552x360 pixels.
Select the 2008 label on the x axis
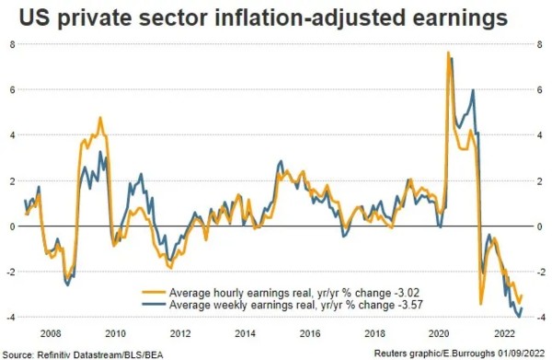click(51, 333)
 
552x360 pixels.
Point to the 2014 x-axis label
click(245, 333)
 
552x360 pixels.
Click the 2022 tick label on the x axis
click(504, 333)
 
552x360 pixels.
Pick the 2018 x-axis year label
click(374, 333)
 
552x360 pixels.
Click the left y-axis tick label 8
click(12, 44)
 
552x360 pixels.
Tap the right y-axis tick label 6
click(540, 90)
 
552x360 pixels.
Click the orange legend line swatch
click(154, 292)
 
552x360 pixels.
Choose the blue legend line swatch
click(154, 304)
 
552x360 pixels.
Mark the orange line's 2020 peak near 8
click(448, 52)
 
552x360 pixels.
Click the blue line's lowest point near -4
click(519, 317)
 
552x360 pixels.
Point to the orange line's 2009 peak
click(100, 118)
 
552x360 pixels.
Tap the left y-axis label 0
click(13, 226)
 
